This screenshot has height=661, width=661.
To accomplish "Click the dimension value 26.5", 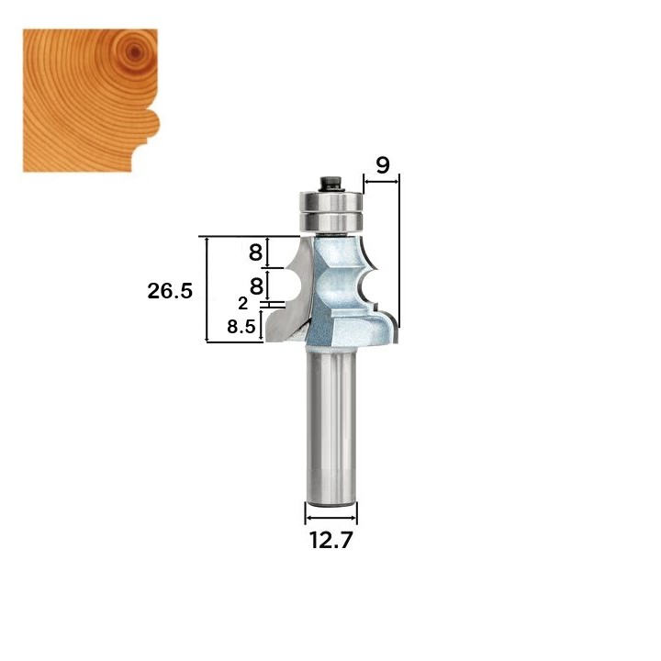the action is [170, 291].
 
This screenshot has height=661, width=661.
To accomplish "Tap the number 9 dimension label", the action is [383, 165].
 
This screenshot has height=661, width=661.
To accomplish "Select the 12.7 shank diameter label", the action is [330, 540].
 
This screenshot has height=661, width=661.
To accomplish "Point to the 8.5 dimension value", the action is [241, 327].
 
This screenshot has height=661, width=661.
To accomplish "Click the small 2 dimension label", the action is [242, 304].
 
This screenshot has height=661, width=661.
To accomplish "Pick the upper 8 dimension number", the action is [255, 253].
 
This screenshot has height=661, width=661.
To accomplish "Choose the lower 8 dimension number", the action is [256, 286].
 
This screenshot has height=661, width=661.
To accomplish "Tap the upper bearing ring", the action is [330, 201].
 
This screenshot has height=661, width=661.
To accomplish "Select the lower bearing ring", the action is [330, 222].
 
